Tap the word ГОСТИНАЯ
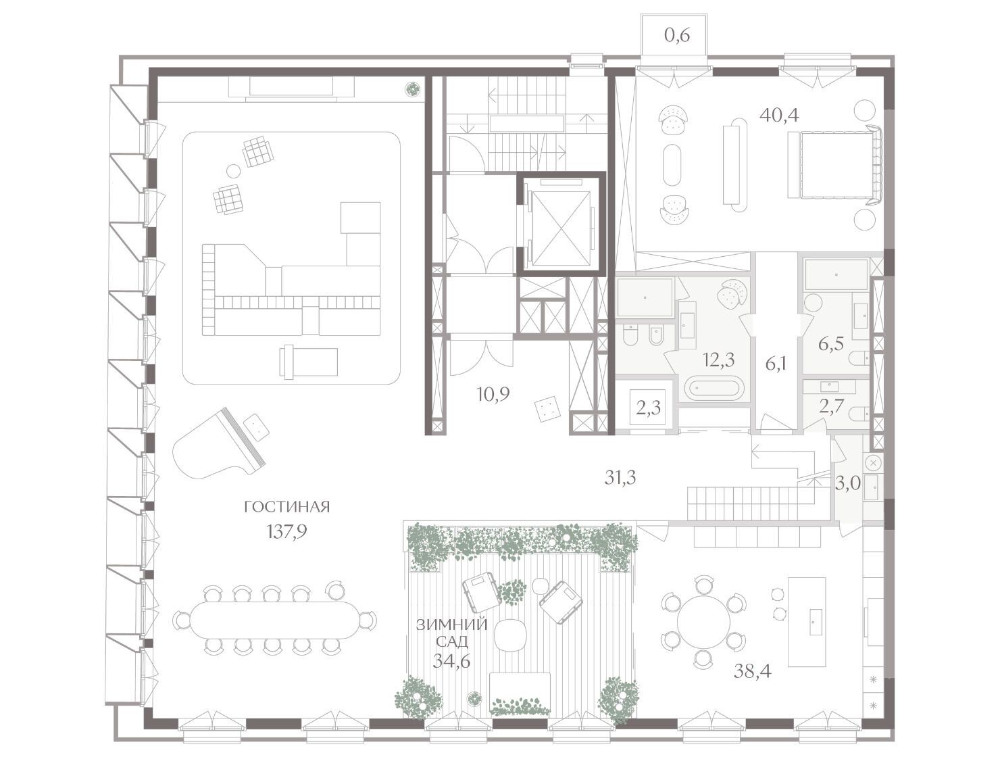(x=286, y=507)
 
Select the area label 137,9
(x=287, y=531)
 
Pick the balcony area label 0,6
(x=676, y=35)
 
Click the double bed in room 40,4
(x=834, y=164)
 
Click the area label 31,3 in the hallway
(x=620, y=478)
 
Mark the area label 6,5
(x=830, y=344)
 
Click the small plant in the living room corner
(x=413, y=89)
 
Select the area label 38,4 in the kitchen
(x=753, y=671)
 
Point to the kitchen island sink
(x=814, y=621)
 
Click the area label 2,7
(x=832, y=405)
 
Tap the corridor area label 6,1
(x=776, y=364)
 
